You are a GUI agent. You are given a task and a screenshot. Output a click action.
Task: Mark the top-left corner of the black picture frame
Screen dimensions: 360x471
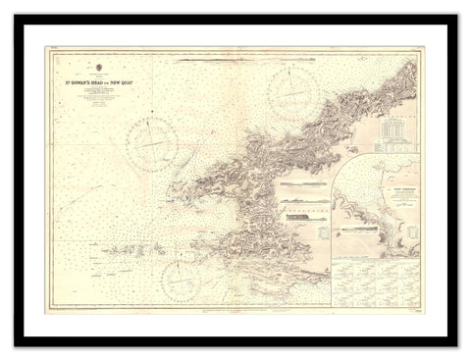point(15,15)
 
